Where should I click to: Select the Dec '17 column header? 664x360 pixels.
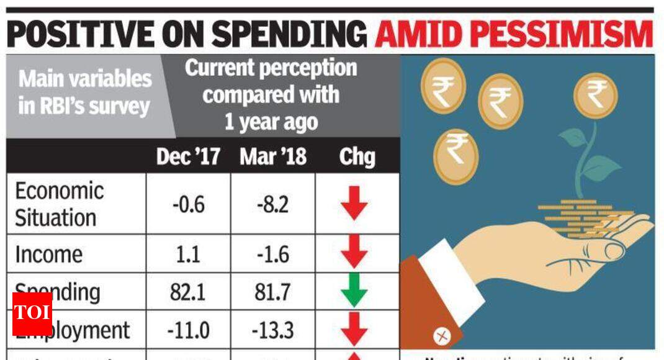(x=188, y=156)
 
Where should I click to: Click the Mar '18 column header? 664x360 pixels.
(x=272, y=156)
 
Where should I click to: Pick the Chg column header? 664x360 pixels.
(x=357, y=156)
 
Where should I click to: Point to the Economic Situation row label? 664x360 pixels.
(x=58, y=204)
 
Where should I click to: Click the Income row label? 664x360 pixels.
(x=48, y=254)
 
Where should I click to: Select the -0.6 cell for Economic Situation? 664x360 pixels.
(x=188, y=204)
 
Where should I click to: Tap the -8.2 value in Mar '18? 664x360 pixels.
(x=272, y=204)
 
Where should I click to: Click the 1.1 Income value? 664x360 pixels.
(x=188, y=254)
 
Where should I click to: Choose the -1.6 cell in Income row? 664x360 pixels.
(x=272, y=254)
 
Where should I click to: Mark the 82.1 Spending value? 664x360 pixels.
(x=188, y=292)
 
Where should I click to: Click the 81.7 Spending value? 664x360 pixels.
(x=272, y=292)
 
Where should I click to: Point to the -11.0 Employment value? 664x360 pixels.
(x=188, y=330)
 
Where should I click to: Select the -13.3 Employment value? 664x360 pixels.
(x=272, y=330)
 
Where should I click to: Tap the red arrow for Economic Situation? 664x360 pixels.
(x=354, y=204)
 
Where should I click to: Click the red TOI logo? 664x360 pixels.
(x=32, y=313)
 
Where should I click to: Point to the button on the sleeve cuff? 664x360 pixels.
(x=442, y=336)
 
